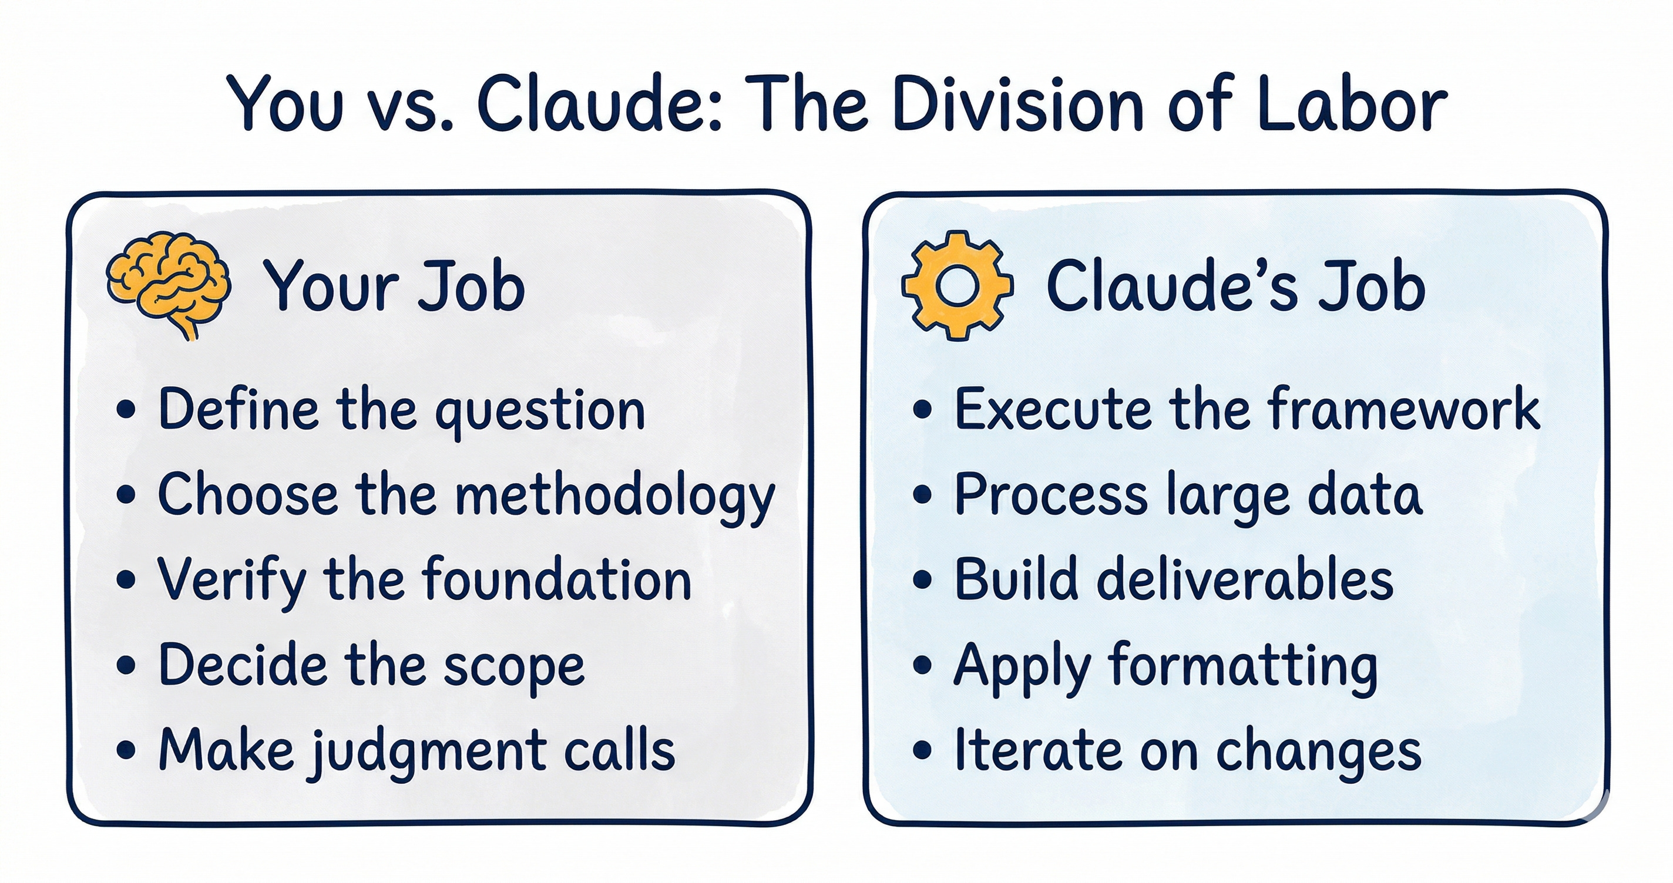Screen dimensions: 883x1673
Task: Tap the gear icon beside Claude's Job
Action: point(957,286)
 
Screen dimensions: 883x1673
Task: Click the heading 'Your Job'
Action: point(394,286)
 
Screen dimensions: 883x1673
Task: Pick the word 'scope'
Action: point(513,666)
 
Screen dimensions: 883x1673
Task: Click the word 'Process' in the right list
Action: point(1051,495)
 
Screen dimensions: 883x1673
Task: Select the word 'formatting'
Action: point(1243,666)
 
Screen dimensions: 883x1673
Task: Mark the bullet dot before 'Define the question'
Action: point(127,410)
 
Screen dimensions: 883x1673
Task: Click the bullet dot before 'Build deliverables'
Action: point(922,580)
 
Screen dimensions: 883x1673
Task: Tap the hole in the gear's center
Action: point(957,286)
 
